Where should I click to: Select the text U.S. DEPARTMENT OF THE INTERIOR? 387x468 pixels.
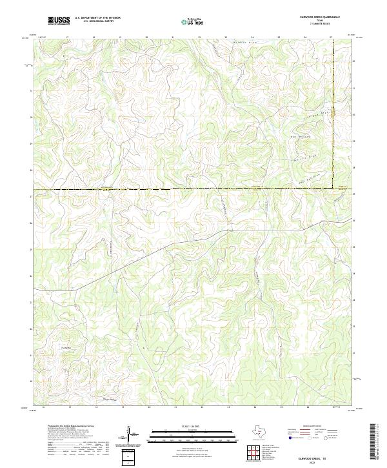(x=97, y=19)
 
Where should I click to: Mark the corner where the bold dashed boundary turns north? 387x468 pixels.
(x=333, y=188)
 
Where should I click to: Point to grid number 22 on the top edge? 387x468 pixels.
(x=199, y=37)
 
